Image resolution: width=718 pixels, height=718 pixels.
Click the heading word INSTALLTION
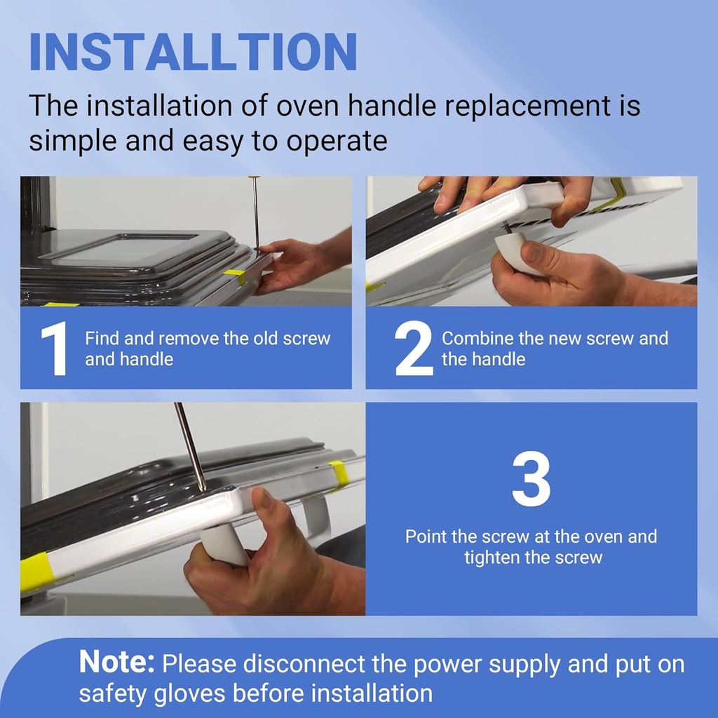coord(193,51)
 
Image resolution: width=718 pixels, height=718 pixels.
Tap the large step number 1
coord(55,349)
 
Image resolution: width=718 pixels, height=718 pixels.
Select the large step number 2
coord(414,348)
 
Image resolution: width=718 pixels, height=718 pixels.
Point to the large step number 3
coord(531,479)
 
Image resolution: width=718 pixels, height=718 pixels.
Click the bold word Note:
coord(117,662)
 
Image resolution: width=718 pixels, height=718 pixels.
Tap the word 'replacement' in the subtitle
coord(528,107)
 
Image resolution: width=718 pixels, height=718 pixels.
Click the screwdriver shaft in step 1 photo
coord(256,213)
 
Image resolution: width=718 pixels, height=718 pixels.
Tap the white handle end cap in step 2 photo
coord(515,253)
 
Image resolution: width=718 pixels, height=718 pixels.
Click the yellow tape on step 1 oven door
coord(235,277)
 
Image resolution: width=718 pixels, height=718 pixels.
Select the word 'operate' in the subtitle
coord(337,140)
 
